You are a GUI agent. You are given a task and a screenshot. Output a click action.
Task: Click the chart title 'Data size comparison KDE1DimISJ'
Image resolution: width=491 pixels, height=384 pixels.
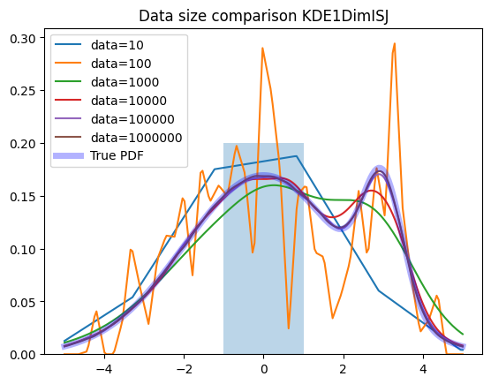(x=263, y=16)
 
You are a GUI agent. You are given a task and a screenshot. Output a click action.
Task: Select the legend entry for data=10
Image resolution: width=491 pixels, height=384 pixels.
(x=99, y=45)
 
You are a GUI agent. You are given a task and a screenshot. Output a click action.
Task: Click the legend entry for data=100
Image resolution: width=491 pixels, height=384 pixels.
(x=103, y=64)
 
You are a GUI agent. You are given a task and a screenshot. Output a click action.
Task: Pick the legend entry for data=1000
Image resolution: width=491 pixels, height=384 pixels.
(x=107, y=82)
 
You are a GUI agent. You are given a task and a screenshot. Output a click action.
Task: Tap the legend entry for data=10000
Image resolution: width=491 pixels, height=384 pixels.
(x=110, y=101)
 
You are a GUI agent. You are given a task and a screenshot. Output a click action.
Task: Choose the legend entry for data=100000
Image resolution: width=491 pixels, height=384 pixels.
(x=115, y=119)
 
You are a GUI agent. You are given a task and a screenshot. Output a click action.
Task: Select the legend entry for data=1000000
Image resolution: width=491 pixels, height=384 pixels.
(x=118, y=138)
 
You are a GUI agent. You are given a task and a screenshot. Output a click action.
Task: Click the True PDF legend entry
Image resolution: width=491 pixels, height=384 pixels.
(x=99, y=155)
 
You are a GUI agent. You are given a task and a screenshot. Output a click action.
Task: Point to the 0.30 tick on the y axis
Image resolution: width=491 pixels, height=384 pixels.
(x=23, y=38)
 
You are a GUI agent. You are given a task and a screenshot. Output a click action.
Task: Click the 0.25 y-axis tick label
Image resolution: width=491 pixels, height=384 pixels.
(x=23, y=91)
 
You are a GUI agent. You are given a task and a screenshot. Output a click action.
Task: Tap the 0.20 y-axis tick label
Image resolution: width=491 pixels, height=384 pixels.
(x=23, y=144)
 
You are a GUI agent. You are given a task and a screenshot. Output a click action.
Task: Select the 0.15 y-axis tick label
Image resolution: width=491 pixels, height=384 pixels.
(x=23, y=197)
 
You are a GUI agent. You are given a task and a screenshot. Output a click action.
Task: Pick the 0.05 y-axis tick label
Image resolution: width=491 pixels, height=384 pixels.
(x=23, y=302)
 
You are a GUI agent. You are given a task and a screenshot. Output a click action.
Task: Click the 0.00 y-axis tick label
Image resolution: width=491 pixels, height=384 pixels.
(x=23, y=355)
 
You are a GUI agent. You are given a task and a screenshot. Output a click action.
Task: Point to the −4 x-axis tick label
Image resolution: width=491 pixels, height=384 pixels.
(x=104, y=369)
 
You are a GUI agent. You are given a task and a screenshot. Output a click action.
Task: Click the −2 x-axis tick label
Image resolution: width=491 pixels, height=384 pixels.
(x=184, y=369)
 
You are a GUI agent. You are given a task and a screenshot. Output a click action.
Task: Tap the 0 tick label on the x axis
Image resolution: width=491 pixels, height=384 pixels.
(x=264, y=369)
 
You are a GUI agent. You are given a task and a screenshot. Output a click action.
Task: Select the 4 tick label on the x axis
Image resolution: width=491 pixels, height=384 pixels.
(x=423, y=369)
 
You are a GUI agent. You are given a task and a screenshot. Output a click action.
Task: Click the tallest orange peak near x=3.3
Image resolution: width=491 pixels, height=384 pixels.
(x=395, y=43)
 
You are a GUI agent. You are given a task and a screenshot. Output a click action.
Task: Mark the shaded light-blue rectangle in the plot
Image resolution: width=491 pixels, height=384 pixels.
(x=263, y=249)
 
